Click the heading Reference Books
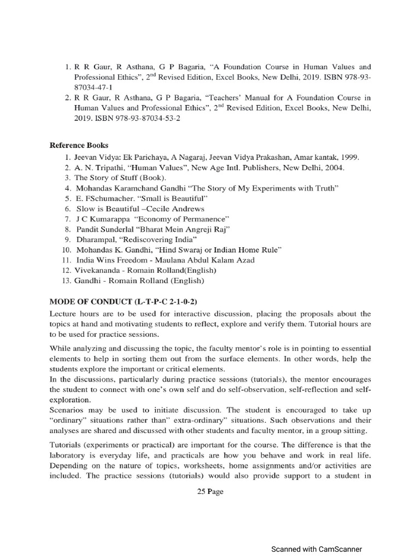coord(79,145)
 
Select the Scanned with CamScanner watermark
coord(317,549)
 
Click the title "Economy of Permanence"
coord(170,219)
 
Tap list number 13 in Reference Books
coord(67,281)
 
